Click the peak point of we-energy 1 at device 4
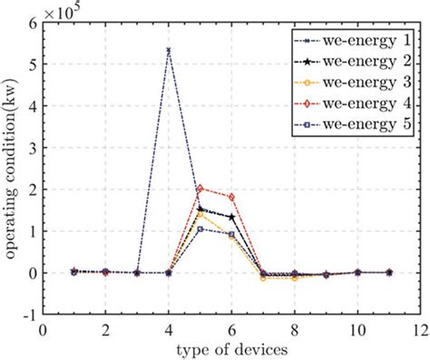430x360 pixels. [x=169, y=49]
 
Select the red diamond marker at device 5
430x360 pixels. [x=200, y=190]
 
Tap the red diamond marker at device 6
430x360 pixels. [x=232, y=197]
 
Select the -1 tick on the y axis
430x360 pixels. [x=32, y=314]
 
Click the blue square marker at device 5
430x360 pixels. [x=200, y=229]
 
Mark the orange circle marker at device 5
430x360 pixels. [x=200, y=215]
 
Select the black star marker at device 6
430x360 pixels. [x=232, y=217]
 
